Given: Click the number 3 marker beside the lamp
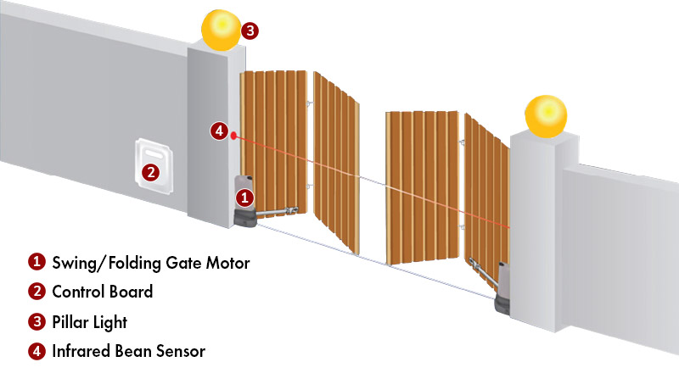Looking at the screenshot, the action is [250, 31].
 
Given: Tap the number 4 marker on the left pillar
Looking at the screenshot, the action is [219, 131].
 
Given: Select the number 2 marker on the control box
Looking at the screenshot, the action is [150, 173].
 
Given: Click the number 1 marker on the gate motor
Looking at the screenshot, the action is [244, 198].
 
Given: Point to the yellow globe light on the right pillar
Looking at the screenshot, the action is [546, 116].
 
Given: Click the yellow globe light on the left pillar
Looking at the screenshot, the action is [222, 30].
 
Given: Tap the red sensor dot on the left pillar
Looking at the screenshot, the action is [234, 136].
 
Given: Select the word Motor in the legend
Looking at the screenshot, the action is [227, 263].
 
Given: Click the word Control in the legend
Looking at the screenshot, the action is [77, 292].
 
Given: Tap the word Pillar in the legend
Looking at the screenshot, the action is [70, 322].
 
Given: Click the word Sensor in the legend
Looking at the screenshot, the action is [181, 351].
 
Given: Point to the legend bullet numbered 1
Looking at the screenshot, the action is [36, 262].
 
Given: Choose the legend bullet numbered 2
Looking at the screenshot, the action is [36, 292].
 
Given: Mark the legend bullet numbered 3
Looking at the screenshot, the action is [36, 321].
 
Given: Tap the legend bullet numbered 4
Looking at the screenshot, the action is [36, 351].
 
